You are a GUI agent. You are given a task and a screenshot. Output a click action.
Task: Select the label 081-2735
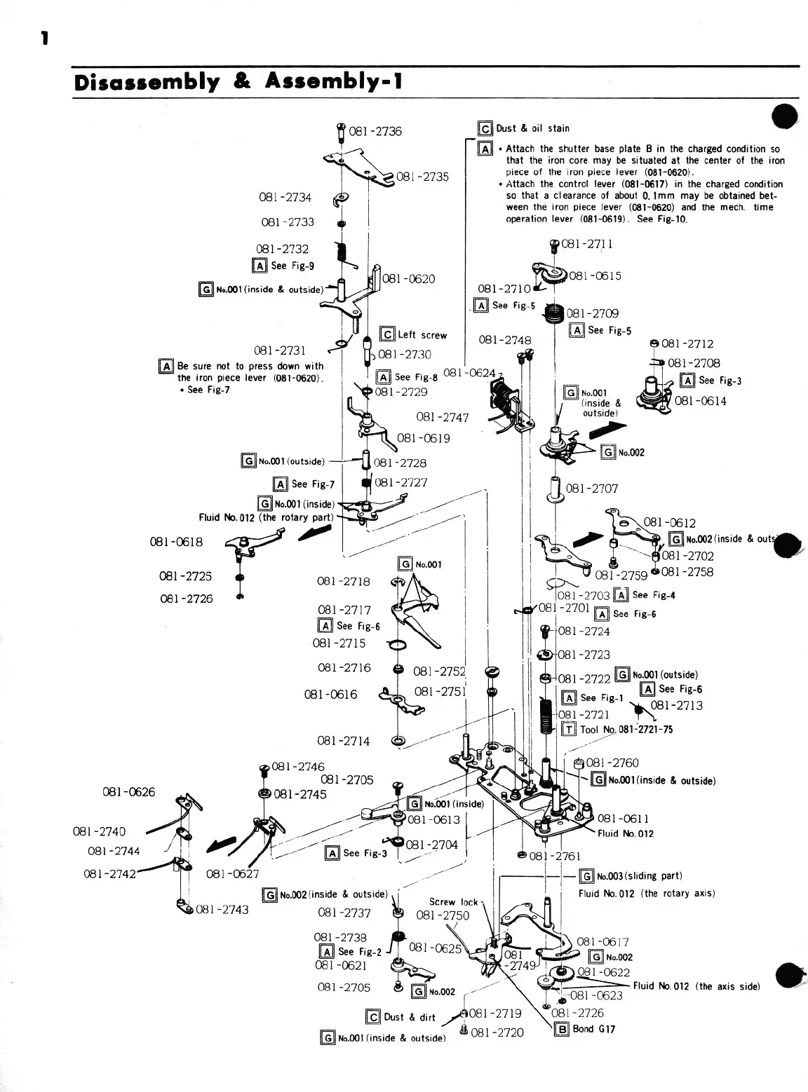422,177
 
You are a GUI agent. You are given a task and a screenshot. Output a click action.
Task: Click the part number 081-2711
587,244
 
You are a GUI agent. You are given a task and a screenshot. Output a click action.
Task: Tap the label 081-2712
687,344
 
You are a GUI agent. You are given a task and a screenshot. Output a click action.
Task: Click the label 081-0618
176,542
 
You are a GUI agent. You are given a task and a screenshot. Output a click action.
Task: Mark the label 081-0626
128,792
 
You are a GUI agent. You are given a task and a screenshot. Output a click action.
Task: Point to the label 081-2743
222,910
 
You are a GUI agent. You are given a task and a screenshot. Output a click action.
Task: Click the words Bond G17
594,1029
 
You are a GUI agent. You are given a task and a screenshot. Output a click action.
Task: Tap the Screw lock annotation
453,902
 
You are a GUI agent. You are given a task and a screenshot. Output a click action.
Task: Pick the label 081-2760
612,763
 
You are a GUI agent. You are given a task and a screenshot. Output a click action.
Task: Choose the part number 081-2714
343,741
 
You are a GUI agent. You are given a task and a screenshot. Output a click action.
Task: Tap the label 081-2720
497,1032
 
